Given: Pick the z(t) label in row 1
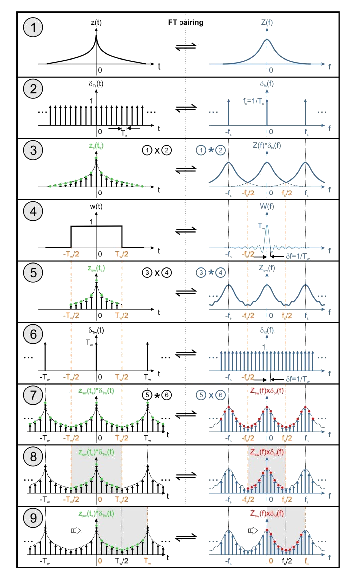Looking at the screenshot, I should coord(96,21).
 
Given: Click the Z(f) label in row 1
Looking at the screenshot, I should coord(269,21).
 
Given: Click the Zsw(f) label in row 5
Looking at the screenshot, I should coord(269,272).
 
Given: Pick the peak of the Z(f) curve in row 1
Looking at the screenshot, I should coord(269,40).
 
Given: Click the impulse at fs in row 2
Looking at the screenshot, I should coord(305,112).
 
